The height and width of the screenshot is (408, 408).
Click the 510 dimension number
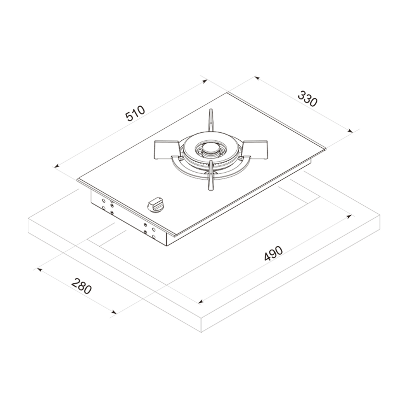(135, 113)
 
